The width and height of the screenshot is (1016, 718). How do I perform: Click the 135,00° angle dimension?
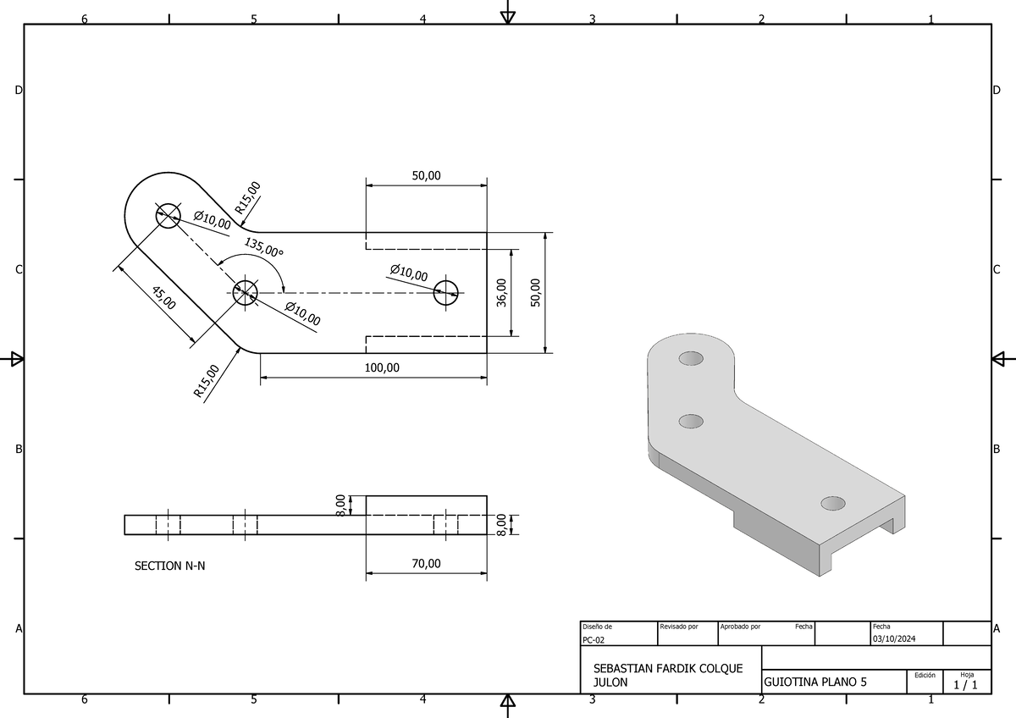[x=264, y=247]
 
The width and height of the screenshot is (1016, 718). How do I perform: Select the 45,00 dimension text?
[x=163, y=298]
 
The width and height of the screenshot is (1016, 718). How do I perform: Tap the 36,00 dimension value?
[x=502, y=293]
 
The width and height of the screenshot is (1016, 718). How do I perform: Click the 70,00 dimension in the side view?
[x=426, y=563]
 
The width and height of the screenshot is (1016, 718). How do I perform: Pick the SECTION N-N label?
[x=169, y=566]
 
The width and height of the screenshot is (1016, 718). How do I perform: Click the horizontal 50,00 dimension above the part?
[x=426, y=175]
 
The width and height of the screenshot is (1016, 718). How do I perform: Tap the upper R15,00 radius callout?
[x=248, y=197]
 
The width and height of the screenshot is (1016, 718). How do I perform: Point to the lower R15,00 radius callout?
[x=206, y=381]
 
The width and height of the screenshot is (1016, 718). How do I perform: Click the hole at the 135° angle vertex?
[x=246, y=293]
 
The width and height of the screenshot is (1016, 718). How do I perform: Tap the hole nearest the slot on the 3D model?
[x=833, y=504]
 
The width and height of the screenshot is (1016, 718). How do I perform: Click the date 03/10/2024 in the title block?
[x=896, y=638]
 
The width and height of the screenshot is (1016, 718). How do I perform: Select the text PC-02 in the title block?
[x=594, y=640]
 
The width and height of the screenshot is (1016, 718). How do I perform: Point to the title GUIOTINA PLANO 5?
[x=815, y=682]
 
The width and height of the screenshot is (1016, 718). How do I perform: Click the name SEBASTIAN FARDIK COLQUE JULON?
[x=668, y=675]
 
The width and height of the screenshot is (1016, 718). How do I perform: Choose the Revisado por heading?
[x=679, y=627]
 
